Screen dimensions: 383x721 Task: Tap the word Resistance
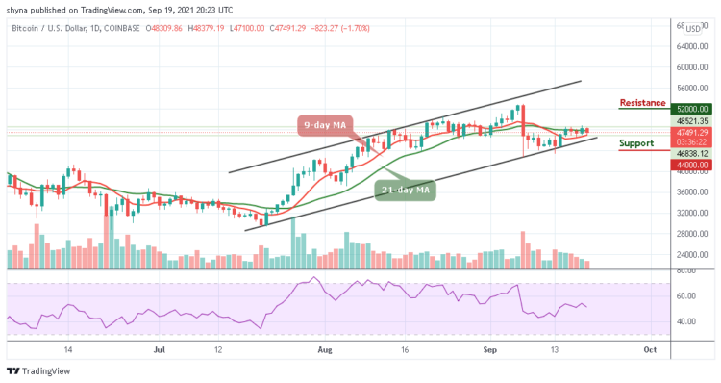641,102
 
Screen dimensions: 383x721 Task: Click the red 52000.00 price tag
693,110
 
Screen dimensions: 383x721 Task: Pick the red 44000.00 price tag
693,166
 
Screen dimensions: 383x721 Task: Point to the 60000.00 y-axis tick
693,67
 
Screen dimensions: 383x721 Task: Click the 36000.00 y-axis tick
693,191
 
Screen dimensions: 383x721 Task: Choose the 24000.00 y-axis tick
693,254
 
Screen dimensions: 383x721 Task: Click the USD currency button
692,28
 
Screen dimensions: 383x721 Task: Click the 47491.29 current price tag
693,132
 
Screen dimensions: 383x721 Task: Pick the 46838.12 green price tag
693,152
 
